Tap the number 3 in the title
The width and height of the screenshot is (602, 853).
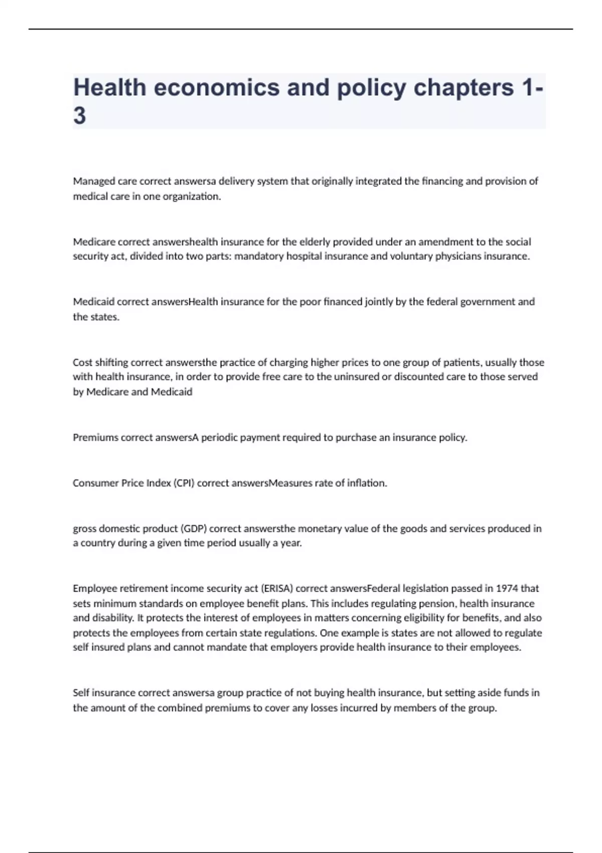80,116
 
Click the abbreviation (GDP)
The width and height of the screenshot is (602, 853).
194,528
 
